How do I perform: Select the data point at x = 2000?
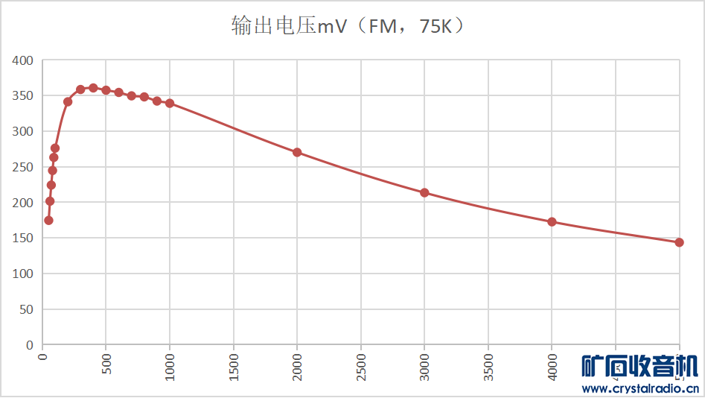(x=297, y=152)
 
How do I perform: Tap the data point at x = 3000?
(x=424, y=192)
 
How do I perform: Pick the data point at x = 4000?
(x=552, y=221)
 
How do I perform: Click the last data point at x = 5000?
(x=679, y=242)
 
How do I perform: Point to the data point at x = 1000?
(x=170, y=104)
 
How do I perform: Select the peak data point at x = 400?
(x=93, y=88)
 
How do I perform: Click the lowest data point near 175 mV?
(x=48, y=220)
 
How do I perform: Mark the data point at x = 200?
(x=68, y=101)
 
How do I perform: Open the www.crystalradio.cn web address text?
(x=639, y=388)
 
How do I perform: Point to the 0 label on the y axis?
(x=30, y=345)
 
